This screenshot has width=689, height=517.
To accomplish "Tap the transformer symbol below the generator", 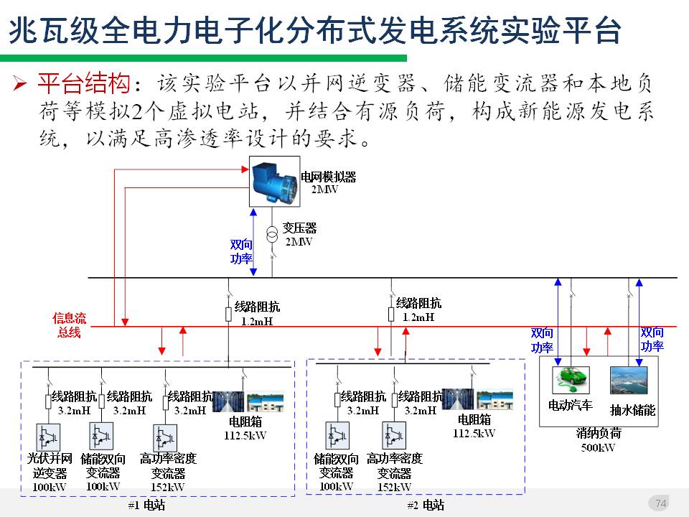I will pos(272,235).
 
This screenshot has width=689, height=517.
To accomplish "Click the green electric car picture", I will pos(570,378).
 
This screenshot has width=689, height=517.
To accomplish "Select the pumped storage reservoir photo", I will pos(628,380).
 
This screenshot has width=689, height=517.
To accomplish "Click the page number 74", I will pos(661,503).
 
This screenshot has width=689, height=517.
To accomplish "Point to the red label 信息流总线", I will pos(69,325).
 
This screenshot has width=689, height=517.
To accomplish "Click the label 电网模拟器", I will pos(328,177).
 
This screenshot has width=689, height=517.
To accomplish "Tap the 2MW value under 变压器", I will pos(299,242).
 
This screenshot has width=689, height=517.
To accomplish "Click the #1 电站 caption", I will pos(146,506).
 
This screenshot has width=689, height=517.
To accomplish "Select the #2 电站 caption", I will pos(426,506).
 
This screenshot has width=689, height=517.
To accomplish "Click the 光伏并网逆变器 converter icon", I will pos(50,437).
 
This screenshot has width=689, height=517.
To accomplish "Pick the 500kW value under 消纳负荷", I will pos(598,447).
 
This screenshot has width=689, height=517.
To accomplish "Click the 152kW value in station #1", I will pos(167,487).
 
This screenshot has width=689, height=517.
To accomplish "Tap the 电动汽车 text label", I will pos(570,406).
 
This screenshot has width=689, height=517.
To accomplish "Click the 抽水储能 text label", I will pos(632,410).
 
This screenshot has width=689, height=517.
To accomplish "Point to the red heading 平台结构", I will pos(84,84).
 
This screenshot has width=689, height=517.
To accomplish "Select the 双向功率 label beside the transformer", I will pos(241,252).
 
